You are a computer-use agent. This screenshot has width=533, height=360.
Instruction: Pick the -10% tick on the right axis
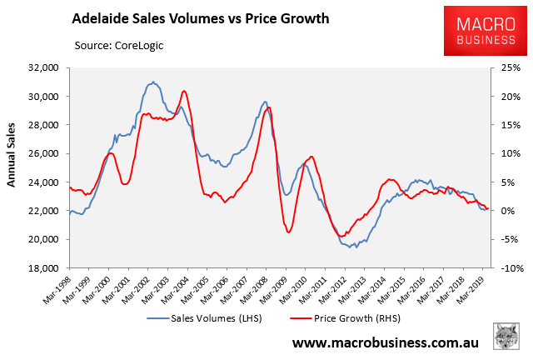click(x=506, y=268)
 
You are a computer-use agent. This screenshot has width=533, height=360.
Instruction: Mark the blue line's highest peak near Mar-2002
click(x=152, y=82)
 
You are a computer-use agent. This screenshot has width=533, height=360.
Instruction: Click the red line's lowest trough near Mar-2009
click(x=288, y=232)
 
